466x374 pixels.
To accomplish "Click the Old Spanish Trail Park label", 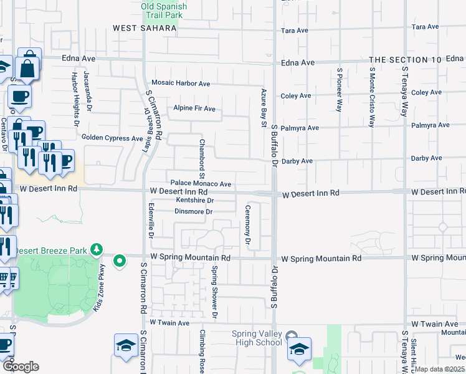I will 164,10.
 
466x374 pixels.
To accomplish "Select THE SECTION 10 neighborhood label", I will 406,60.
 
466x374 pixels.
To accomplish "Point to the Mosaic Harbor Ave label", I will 181,84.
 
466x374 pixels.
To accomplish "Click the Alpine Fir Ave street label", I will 194,109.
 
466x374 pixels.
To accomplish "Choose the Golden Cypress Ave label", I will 112,138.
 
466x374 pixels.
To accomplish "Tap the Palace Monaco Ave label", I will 201,185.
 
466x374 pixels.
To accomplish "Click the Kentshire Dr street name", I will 195,201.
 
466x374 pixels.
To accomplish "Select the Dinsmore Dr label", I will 194,212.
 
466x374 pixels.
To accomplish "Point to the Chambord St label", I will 202,155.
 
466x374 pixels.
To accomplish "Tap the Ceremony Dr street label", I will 248,224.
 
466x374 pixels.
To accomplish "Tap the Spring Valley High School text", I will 257,338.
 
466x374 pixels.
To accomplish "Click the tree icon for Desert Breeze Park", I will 96,250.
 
